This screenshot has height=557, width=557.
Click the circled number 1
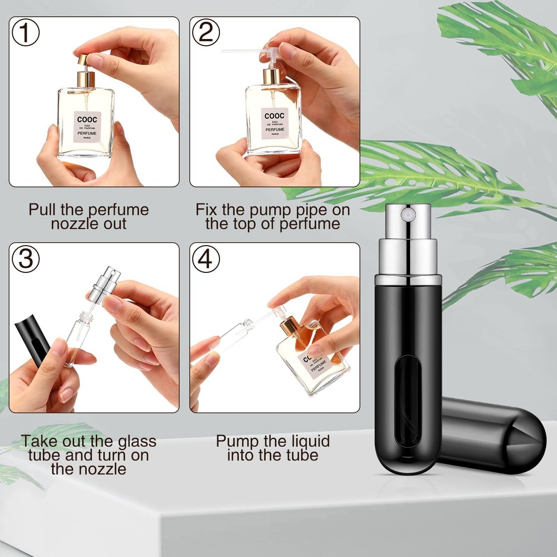tap(26, 33)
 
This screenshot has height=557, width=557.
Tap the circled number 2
tap(206, 33)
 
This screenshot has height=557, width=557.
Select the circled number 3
tap(26, 260)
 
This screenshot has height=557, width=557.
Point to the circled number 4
tap(206, 260)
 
